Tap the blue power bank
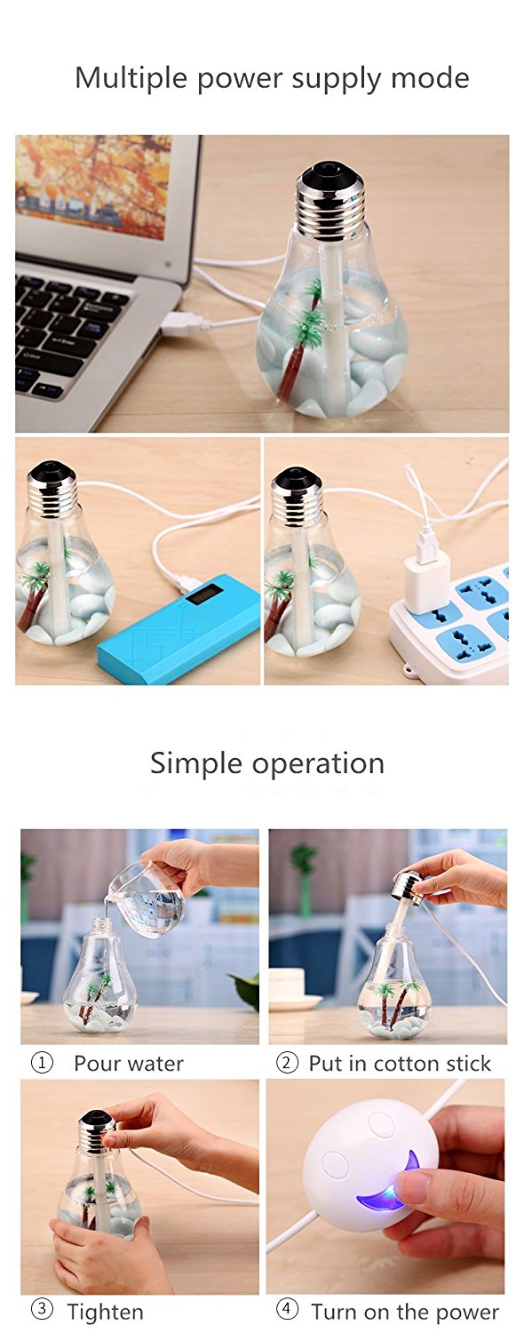[179, 627]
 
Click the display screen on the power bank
[204, 595]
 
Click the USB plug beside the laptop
[185, 324]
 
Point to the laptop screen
[94, 186]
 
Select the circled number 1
[42, 1063]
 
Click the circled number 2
[287, 1063]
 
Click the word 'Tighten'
[105, 1312]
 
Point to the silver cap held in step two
[408, 885]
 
